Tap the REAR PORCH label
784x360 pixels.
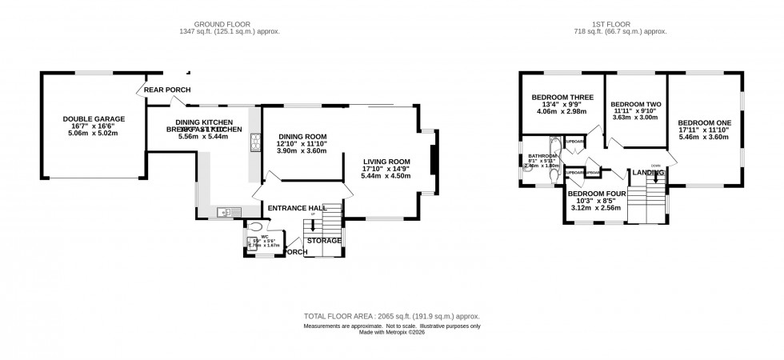(x=165, y=89)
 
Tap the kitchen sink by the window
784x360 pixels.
(x=224, y=211)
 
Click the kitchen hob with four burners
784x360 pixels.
(x=256, y=142)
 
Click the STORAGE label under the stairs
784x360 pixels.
(x=326, y=240)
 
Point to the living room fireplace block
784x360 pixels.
(x=434, y=160)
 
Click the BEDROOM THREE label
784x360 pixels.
(x=562, y=98)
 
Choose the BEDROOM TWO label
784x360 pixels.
(x=635, y=104)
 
